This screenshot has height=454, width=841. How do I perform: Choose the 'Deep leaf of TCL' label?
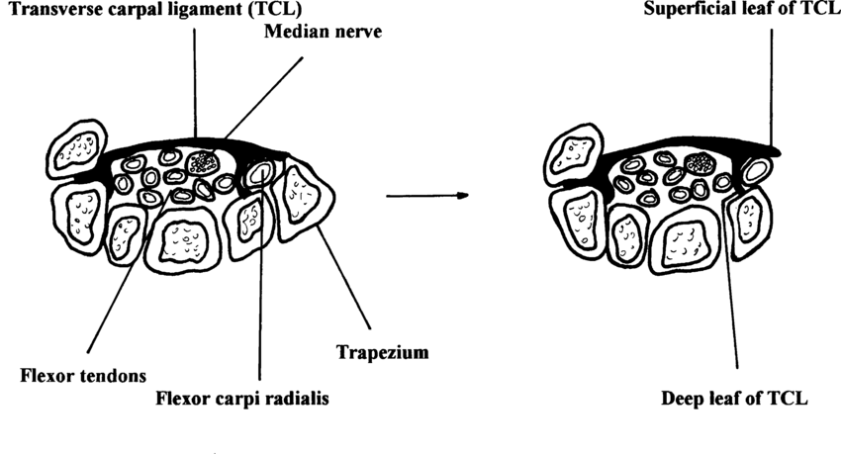(735, 400)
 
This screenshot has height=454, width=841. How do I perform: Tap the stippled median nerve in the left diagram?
(206, 160)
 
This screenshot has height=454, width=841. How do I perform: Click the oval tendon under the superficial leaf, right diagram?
(758, 169)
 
